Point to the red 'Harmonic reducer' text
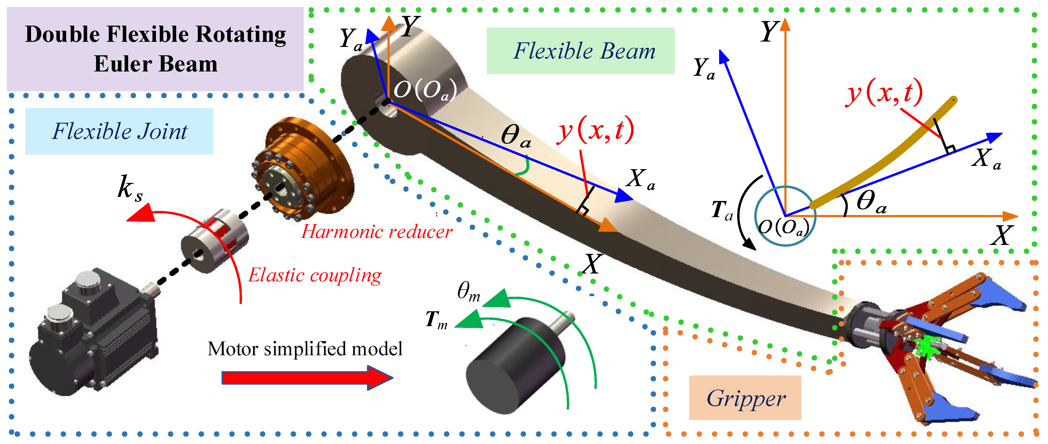[376, 232]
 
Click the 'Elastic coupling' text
[315, 275]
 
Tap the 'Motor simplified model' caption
[305, 349]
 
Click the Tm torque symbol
[436, 320]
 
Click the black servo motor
[94, 333]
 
